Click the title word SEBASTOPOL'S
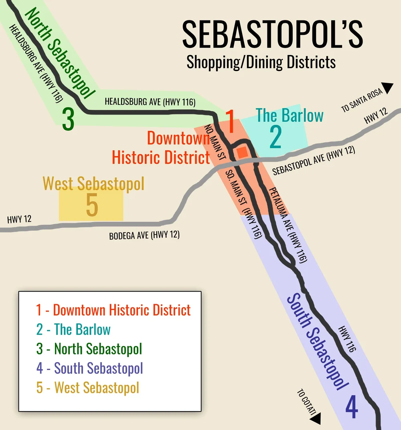pos(272,35)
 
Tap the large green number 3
pos(68,119)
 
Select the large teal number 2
pos(275,137)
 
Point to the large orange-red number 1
pos(230,121)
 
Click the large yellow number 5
pos(92,206)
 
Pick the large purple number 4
pos(351,407)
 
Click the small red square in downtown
pos(242,152)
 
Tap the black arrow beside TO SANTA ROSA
pos(388,88)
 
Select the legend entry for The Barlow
pos(73,330)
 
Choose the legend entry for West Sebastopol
pos(88,388)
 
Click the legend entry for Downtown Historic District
pos(113,310)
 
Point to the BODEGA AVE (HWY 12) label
pos(144,235)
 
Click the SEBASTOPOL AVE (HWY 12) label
pos(314,160)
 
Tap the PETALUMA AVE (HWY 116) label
pos(288,225)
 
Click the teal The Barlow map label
pos(290,115)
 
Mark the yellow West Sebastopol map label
pos(93,184)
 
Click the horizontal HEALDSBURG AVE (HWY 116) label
pos(150,102)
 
